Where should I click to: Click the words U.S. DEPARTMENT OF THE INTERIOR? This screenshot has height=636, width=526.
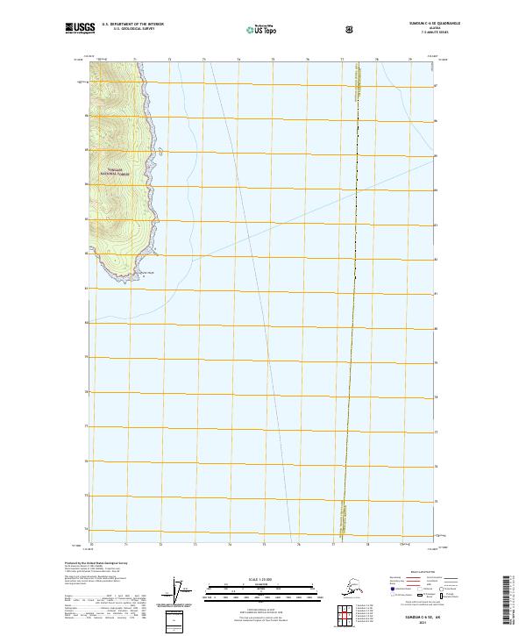point(133,24)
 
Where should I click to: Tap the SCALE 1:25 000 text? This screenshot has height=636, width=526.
point(262,580)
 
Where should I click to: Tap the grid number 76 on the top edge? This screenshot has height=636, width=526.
point(308,60)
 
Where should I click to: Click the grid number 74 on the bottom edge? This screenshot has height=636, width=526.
point(230,545)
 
